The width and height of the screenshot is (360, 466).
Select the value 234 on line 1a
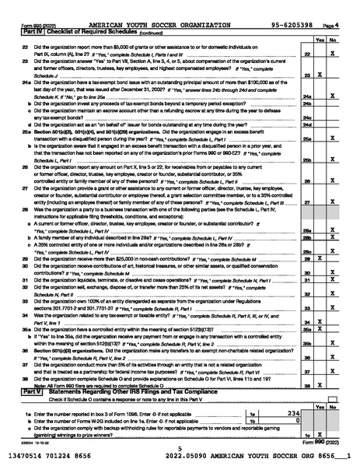tap(293, 414)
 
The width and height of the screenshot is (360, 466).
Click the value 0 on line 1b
tap(298, 420)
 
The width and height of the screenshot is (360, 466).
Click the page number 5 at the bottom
tap(179, 448)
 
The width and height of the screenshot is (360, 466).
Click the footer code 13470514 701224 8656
tap(56, 456)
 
